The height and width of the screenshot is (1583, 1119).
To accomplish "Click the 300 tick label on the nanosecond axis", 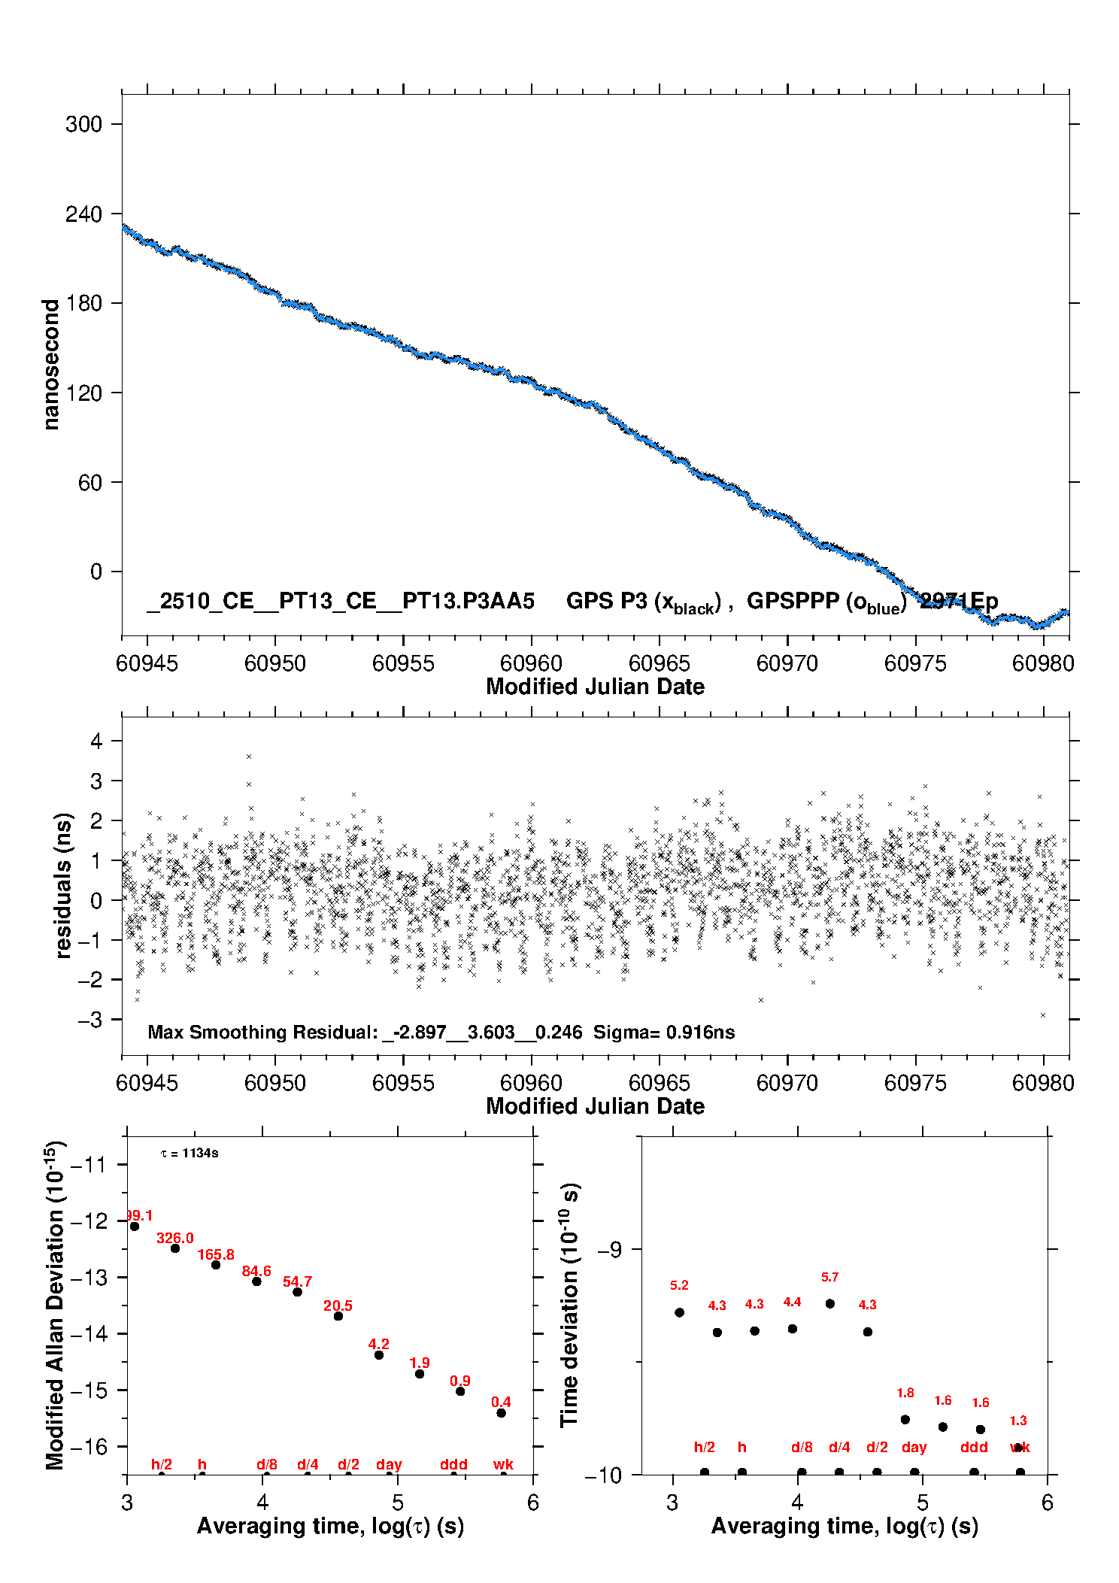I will tap(83, 124).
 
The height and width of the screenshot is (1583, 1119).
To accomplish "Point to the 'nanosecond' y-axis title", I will tap(51, 364).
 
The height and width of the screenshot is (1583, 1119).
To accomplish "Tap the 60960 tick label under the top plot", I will tap(531, 663).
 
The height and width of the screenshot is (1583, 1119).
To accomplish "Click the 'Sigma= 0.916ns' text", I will tap(663, 1032).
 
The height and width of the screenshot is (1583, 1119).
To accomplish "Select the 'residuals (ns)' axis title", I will tap(64, 885).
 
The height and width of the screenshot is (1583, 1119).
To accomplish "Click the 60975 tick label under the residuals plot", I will tap(915, 1083).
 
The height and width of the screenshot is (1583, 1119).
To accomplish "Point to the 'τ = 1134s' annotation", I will tap(190, 1153).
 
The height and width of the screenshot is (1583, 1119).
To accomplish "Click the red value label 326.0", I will tap(175, 1238).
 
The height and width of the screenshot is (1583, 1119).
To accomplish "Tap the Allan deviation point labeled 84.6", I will tap(256, 1281).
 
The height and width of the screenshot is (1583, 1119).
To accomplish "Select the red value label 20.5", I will tap(338, 1306).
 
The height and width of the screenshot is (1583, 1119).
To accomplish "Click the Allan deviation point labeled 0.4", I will tap(501, 1412).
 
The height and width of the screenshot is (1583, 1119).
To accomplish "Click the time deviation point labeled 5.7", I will tap(829, 1303).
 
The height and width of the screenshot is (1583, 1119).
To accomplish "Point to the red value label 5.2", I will tap(679, 1285).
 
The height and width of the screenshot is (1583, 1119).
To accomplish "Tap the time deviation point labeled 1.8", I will tap(905, 1419).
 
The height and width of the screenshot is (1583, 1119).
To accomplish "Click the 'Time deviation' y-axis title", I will tap(569, 1305).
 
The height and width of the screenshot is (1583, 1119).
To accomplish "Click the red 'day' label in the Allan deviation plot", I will tap(389, 1464).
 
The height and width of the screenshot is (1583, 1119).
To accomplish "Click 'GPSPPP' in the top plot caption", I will tap(793, 601).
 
